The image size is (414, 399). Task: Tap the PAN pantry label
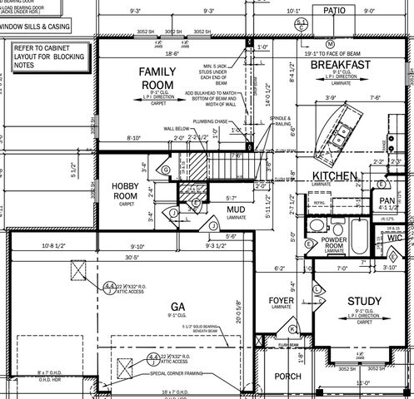pos(387,200)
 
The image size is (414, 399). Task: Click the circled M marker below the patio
pos(330,42)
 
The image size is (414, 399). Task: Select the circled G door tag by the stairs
pos(166,170)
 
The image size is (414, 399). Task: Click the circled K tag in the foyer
pos(269,329)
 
